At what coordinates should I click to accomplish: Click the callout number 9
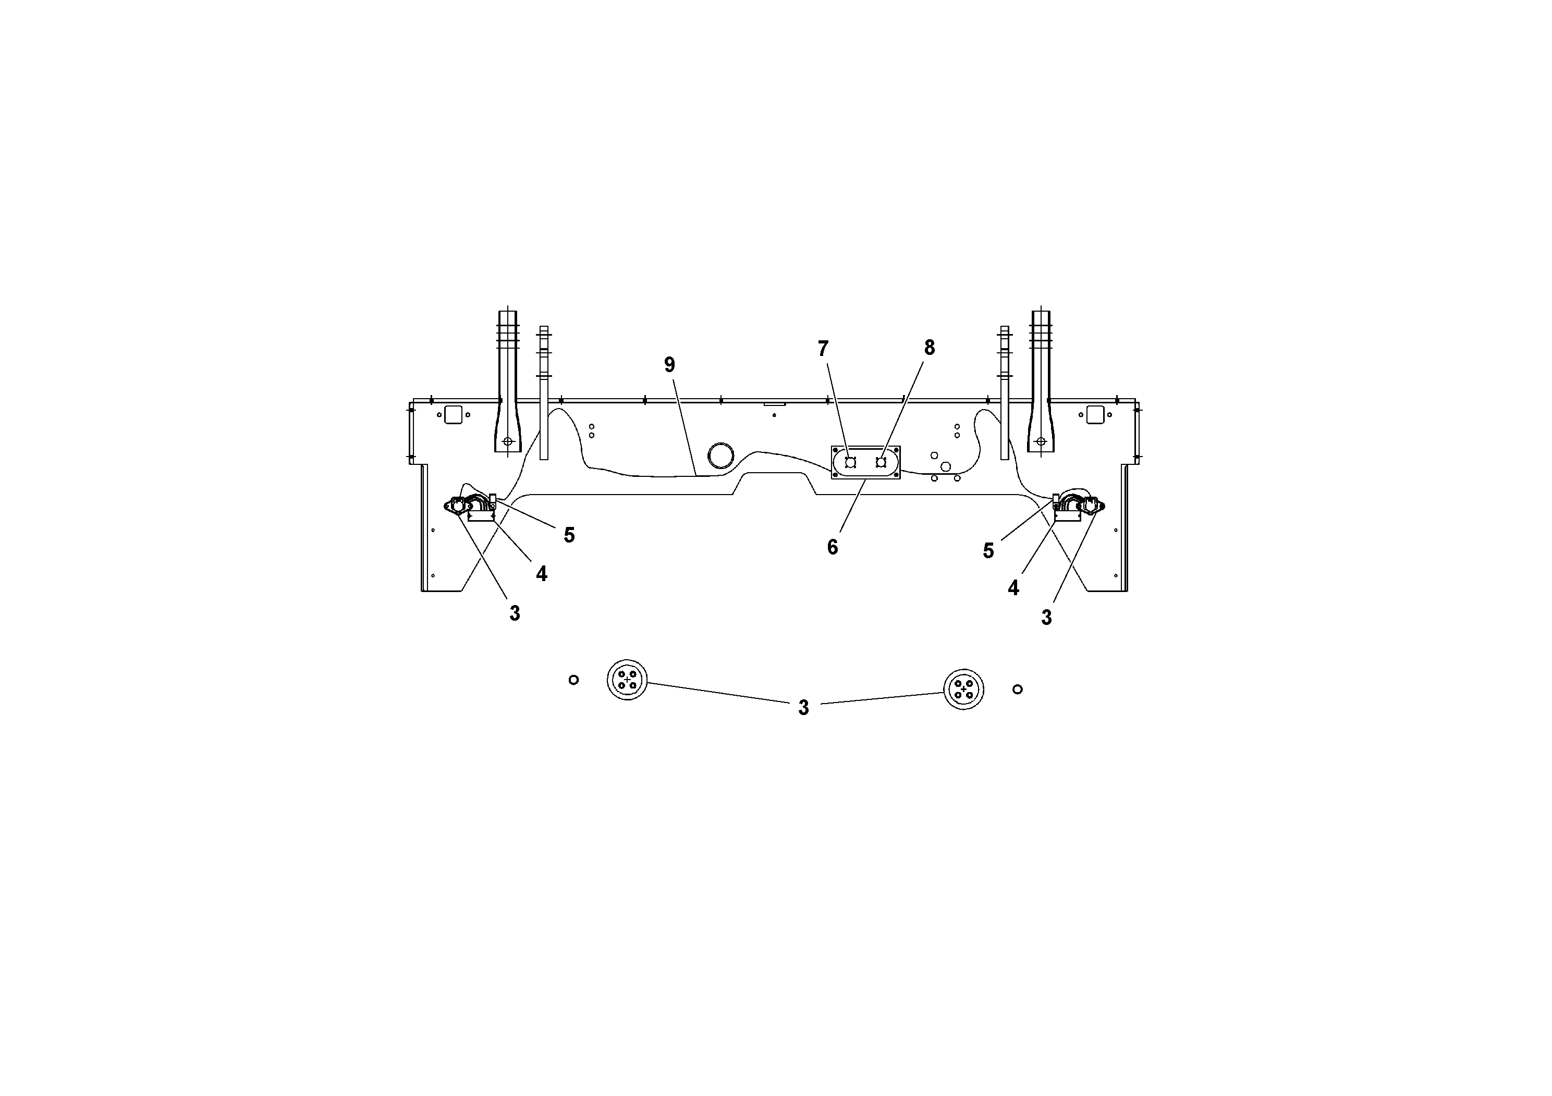[x=669, y=365]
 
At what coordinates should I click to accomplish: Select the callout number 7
[x=823, y=349]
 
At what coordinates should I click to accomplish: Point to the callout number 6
[x=832, y=547]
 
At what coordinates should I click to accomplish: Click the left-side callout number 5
[x=569, y=535]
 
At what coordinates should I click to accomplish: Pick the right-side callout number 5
[x=988, y=551]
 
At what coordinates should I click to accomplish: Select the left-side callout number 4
[x=542, y=574]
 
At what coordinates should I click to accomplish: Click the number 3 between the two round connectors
[x=803, y=707]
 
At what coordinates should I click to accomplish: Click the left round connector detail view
[x=627, y=680]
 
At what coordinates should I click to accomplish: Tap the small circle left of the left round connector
[x=573, y=680]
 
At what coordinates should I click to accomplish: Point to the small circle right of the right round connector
[x=1017, y=689]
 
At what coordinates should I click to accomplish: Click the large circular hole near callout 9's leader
[x=720, y=455]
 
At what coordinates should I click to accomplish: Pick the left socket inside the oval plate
[x=850, y=462]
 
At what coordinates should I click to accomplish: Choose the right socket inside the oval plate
[x=881, y=462]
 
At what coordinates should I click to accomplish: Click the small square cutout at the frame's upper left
[x=453, y=415]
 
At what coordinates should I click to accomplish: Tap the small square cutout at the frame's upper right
[x=1095, y=415]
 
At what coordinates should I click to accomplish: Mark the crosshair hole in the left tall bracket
[x=508, y=442]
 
